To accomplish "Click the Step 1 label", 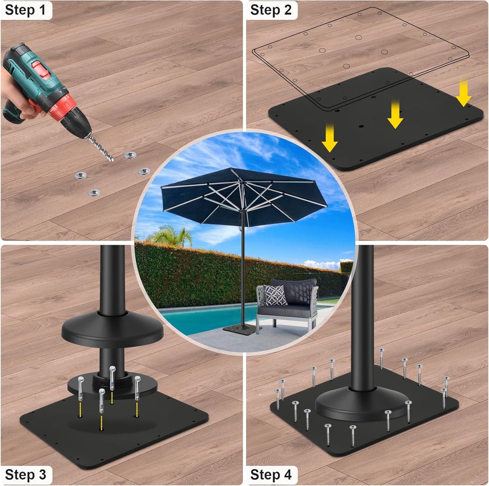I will [25, 10].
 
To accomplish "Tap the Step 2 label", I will [271, 10].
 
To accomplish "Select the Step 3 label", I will [25, 475].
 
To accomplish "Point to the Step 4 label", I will [271, 475].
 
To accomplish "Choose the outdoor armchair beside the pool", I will [288, 304].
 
